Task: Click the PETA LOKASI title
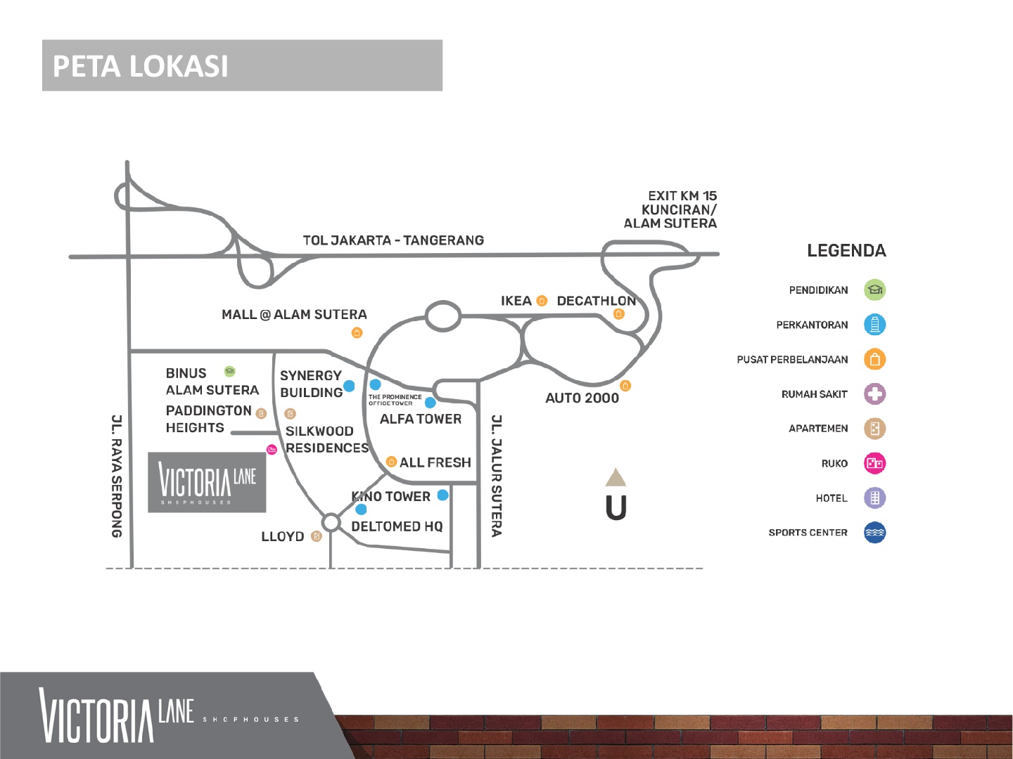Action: point(141,66)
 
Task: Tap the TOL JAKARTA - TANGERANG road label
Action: point(393,240)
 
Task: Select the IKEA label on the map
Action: point(516,301)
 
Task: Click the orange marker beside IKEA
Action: point(542,301)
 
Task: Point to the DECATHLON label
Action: point(596,301)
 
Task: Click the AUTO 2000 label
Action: point(582,398)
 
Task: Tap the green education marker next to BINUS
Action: point(229,371)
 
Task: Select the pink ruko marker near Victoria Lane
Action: point(272,449)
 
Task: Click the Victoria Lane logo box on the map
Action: point(207,482)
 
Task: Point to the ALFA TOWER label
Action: point(421,419)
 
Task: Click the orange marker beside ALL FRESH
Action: point(392,462)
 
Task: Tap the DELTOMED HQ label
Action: point(397,526)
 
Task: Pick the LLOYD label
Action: point(283,536)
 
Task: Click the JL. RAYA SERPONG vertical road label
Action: point(117,476)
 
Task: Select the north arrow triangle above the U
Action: point(616,478)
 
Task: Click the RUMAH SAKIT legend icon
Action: point(874,394)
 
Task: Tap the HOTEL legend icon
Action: point(874,498)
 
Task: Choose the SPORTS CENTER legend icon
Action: point(874,533)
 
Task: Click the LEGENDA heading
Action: point(846,251)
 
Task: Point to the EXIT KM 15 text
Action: point(682,196)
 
